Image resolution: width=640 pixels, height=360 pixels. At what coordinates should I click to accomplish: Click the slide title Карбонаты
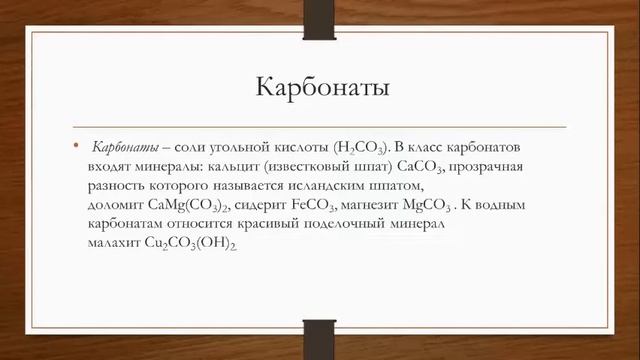[321, 88]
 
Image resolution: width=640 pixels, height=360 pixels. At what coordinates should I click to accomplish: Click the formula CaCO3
[424, 167]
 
